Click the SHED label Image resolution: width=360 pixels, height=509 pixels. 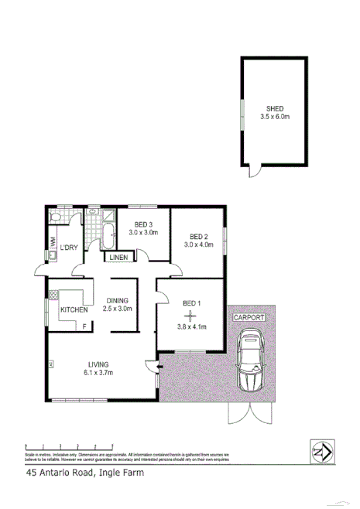coord(275,109)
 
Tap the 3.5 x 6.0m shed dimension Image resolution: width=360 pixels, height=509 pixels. coord(275,118)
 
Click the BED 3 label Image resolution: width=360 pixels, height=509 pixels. coord(143,224)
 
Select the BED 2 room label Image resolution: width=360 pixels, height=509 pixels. coord(198,237)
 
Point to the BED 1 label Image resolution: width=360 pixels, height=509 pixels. coord(191,302)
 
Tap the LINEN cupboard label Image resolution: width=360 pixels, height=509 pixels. coord(118,258)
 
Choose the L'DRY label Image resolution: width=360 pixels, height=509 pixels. coord(69,248)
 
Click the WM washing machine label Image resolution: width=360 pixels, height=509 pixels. coord(52,243)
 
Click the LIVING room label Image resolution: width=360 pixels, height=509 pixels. coord(98,364)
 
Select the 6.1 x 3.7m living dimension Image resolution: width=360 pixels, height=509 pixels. coord(98,374)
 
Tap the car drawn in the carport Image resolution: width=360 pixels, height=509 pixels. coord(252,360)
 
